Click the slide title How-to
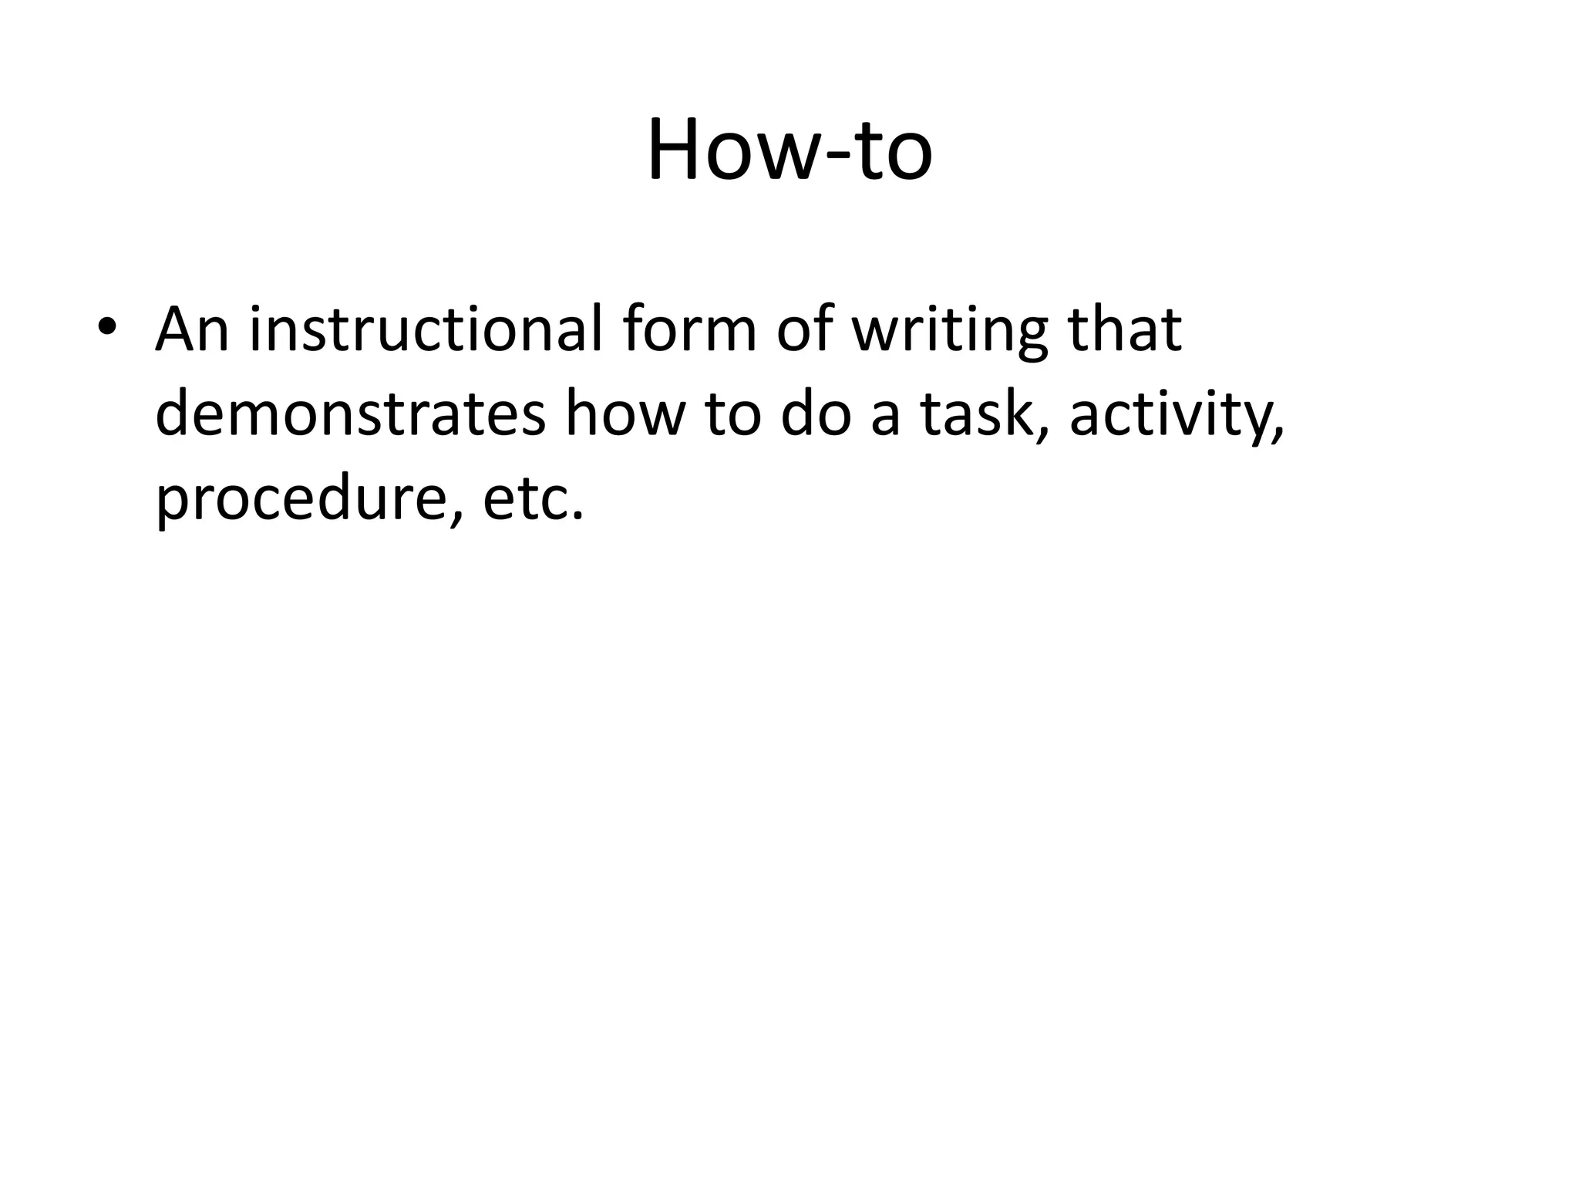pos(789,150)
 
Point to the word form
pos(689,329)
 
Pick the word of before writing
pos(805,329)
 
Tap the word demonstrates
pos(351,414)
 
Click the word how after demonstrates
pos(625,414)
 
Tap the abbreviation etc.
pos(532,500)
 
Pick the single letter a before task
pos(885,417)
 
